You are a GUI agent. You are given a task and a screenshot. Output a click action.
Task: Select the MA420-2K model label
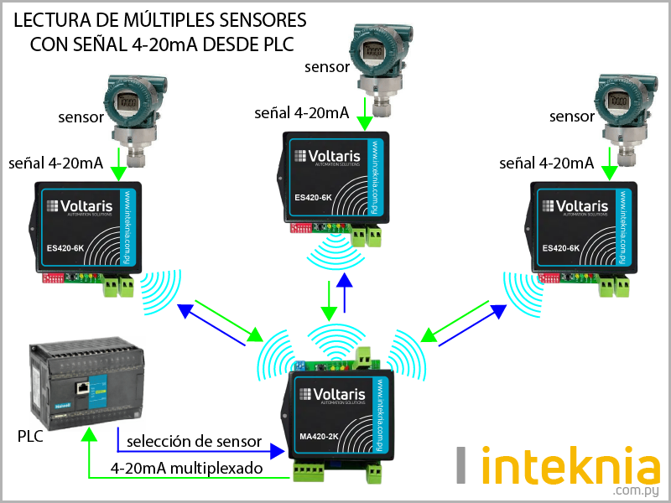pyautogui.click(x=319, y=436)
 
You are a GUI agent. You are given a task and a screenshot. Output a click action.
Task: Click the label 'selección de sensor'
pyautogui.click(x=194, y=442)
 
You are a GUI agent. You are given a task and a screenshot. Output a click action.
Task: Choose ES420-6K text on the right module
pyautogui.click(x=560, y=248)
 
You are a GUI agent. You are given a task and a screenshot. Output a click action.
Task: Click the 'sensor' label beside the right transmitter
pyautogui.click(x=572, y=117)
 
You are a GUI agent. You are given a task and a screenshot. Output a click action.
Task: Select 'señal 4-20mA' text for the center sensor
pyautogui.click(x=302, y=112)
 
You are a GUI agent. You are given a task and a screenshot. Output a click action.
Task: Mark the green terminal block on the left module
pyautogui.click(x=118, y=288)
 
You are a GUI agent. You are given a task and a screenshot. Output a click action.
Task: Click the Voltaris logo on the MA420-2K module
pyautogui.click(x=335, y=393)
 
